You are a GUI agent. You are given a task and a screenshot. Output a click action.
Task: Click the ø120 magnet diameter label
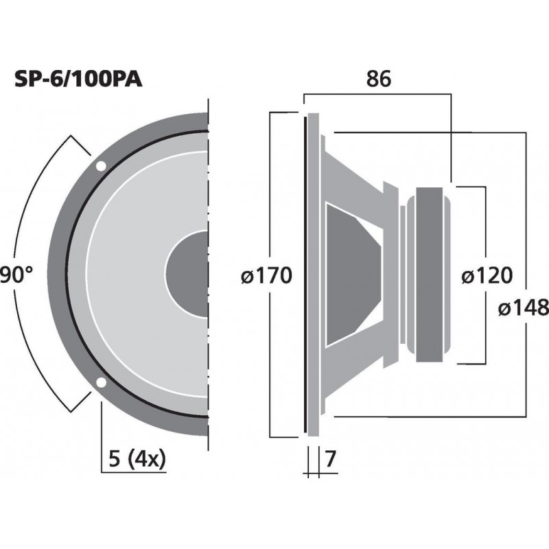click(487, 276)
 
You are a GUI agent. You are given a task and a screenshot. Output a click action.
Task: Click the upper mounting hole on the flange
click(101, 165)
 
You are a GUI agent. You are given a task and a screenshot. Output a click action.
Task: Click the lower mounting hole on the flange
click(101, 382)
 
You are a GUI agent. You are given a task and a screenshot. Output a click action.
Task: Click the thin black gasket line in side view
click(304, 274)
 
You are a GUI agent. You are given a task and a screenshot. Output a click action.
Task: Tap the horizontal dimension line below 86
click(377, 95)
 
